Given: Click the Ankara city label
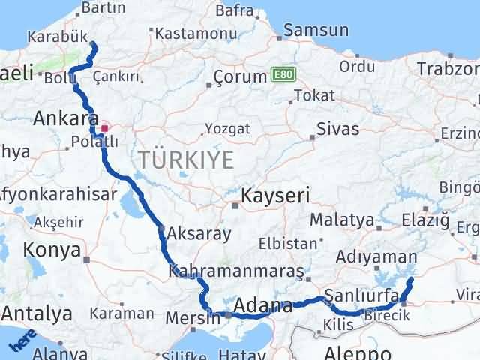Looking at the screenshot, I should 66,118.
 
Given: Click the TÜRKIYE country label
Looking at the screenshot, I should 185,160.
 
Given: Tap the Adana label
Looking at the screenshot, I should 262,305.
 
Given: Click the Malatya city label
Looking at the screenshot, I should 341,220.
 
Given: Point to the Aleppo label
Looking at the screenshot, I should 358,352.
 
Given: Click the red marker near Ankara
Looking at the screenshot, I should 104,127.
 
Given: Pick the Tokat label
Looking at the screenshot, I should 314,95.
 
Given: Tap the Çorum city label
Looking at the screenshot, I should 240,76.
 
